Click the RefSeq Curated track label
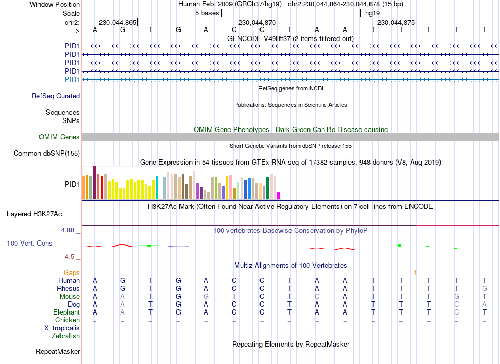(56, 96)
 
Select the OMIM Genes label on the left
(59, 137)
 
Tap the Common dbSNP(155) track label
(47, 154)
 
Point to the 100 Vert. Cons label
(29, 244)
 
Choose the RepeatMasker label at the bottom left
(58, 351)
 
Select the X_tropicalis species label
(62, 328)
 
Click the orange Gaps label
(72, 272)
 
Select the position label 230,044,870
(257, 23)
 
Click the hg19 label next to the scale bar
(373, 13)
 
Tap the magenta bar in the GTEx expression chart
(279, 196)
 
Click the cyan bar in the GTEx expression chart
(157, 188)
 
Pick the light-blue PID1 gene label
(72, 79)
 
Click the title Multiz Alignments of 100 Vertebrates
(291, 265)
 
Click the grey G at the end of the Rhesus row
(485, 288)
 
